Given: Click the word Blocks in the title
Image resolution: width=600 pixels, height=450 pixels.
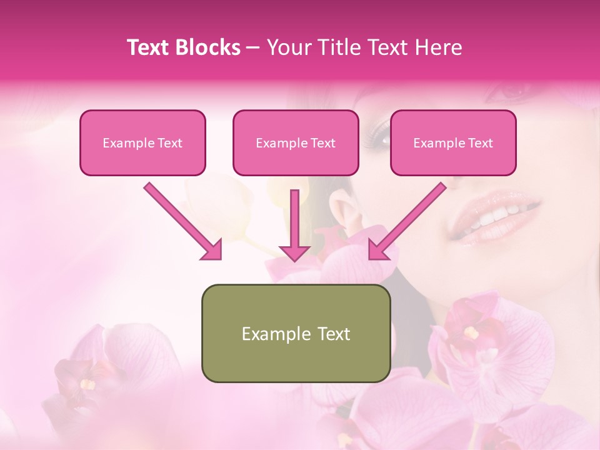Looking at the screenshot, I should pyautogui.click(x=209, y=47).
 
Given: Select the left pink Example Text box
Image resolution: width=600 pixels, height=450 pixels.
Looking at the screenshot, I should pyautogui.click(x=142, y=142).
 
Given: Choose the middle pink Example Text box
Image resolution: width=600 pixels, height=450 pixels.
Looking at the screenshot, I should pyautogui.click(x=296, y=142).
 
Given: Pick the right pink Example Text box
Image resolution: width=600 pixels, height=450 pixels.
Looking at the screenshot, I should pyautogui.click(x=453, y=142).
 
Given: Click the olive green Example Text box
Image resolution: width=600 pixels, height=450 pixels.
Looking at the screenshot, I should pyautogui.click(x=296, y=333).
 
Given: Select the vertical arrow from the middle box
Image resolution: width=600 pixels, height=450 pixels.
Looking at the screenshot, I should pyautogui.click(x=294, y=225).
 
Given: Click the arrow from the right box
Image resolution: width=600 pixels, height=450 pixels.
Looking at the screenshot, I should pyautogui.click(x=407, y=221).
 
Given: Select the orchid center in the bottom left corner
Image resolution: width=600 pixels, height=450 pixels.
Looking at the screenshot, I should pyautogui.click(x=84, y=381).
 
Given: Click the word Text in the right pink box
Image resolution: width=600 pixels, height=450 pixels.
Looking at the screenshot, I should pyautogui.click(x=480, y=142).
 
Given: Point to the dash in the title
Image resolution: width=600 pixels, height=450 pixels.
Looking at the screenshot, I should pyautogui.click(x=253, y=47).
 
